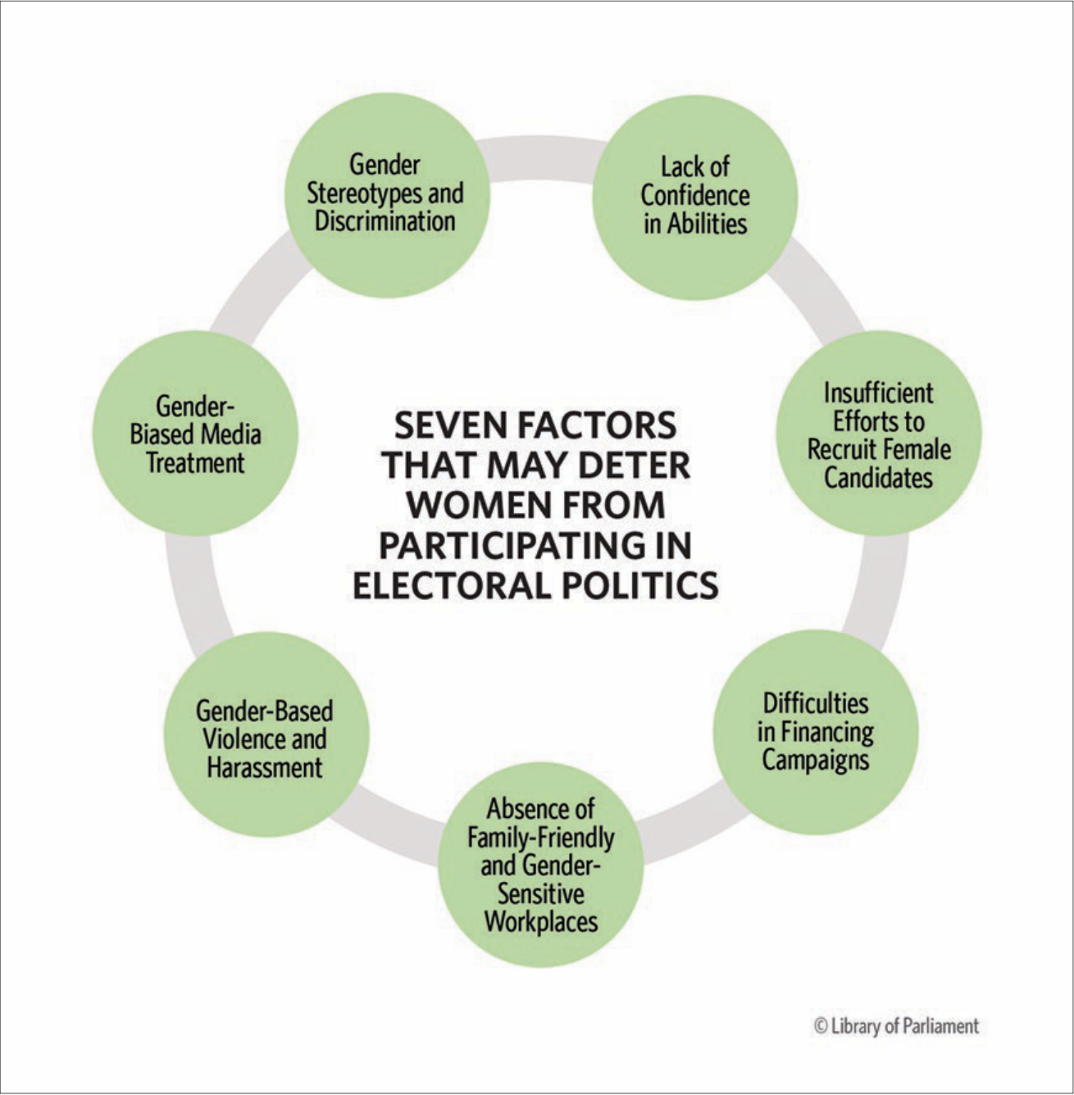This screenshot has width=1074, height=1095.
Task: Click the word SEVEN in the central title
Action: [x=442, y=425]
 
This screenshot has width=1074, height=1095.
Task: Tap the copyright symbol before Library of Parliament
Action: [x=820, y=1026]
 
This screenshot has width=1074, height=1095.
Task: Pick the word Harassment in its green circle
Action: [x=265, y=768]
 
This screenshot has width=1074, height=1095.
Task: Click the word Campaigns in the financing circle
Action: [x=815, y=760]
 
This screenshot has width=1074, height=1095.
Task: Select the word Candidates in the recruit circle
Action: [x=878, y=478]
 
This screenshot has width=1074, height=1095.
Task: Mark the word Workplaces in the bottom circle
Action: [x=540, y=921]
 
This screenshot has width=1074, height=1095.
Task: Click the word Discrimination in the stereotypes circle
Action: [x=385, y=221]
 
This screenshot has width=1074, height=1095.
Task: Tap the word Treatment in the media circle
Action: [x=195, y=463]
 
